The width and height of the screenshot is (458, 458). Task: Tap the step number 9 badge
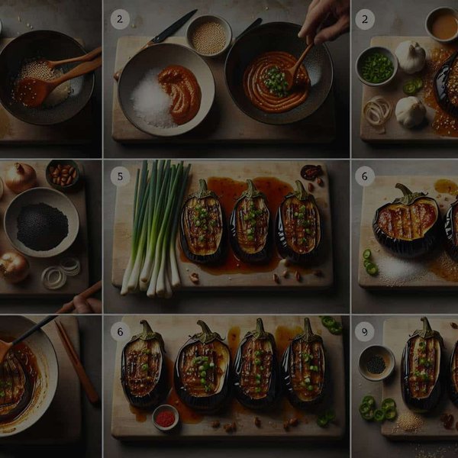coord(364,331)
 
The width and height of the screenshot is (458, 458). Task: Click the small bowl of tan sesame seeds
coord(209,36)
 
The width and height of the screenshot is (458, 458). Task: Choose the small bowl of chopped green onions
coord(375,66)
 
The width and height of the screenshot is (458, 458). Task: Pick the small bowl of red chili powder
coord(166,418)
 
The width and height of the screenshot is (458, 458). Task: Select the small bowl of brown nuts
coord(63,174)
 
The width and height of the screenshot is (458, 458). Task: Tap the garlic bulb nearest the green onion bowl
coord(411,56)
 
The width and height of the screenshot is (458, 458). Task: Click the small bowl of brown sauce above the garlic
coord(442,24)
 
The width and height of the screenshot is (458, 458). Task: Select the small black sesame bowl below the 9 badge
coord(376,363)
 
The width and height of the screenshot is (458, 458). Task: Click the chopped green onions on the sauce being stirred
coord(276,80)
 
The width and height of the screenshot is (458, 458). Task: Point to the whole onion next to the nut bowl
coord(20,177)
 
